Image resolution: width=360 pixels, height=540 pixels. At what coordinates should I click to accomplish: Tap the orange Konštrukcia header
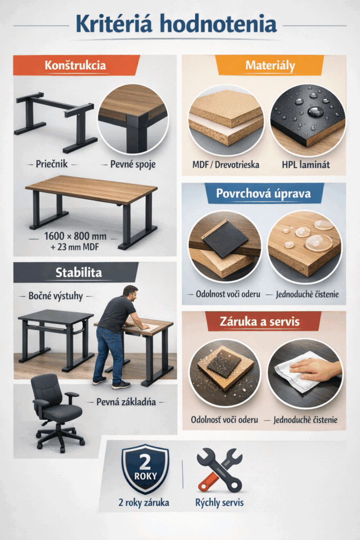coord(76,65)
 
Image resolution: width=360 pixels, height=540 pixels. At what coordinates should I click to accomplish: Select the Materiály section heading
coord(270,65)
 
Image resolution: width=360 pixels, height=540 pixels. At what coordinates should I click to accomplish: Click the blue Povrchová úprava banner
coord(264,193)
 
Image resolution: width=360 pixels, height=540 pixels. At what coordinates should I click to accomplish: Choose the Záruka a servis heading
coord(260,321)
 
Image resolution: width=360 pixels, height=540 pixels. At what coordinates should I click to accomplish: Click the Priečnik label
coord(52,164)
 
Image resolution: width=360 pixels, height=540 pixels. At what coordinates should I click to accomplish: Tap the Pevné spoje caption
coord(133,165)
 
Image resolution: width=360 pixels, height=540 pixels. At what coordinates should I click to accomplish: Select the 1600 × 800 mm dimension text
coord(75,236)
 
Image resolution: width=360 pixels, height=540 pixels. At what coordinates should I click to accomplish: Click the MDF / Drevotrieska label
coord(226,165)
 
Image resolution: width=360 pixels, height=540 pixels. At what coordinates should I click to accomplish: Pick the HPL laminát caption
coord(306,165)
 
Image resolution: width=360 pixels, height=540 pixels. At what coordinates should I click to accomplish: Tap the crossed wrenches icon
coord(220,470)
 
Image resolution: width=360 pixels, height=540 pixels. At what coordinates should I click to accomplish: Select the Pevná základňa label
coord(126,402)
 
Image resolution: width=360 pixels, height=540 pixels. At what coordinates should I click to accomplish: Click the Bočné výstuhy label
coord(56,296)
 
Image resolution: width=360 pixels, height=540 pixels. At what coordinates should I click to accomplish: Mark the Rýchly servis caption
coord(220,503)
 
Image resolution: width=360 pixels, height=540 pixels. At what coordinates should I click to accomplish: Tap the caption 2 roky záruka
coord(144,503)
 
